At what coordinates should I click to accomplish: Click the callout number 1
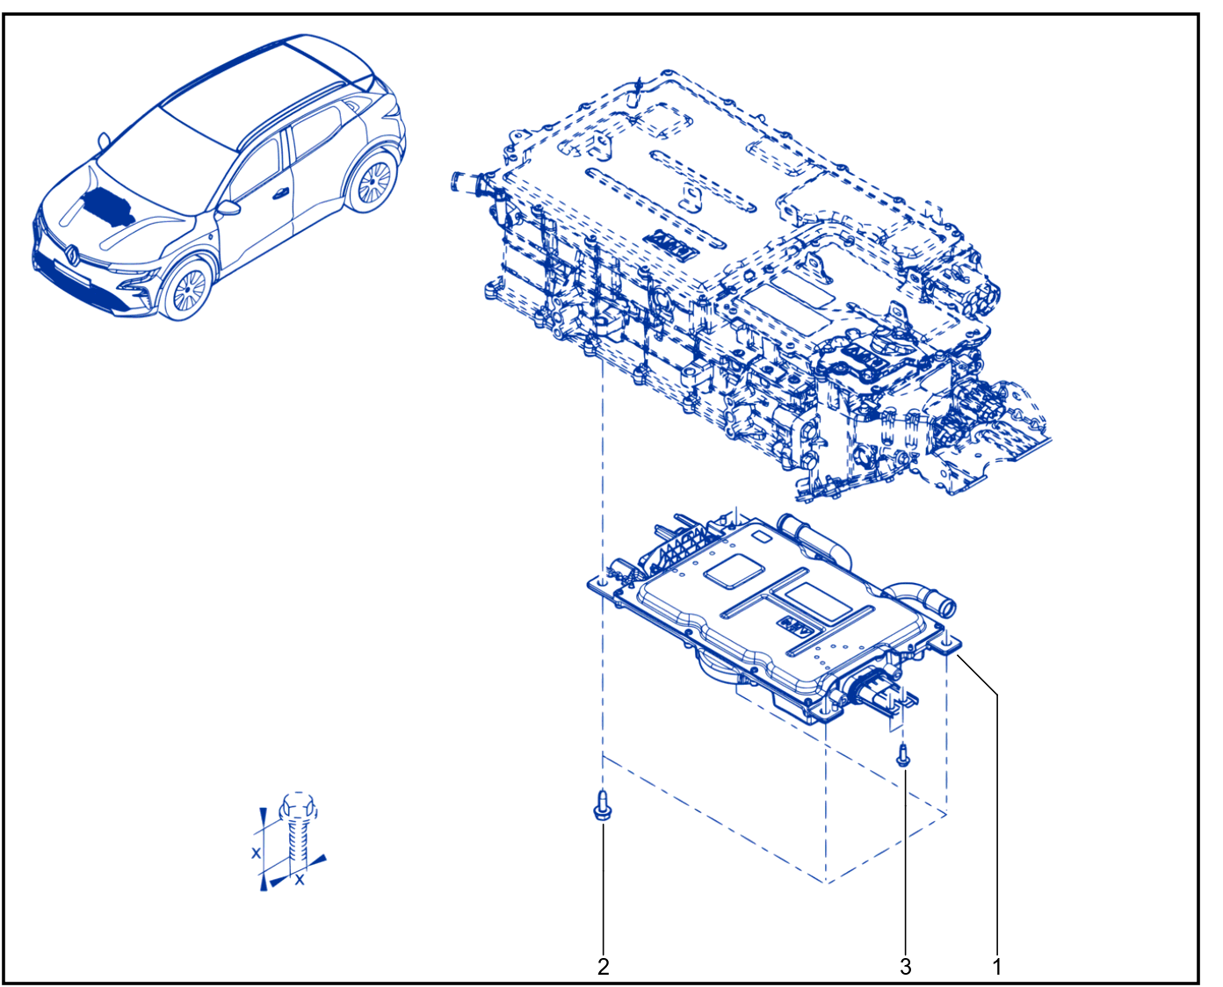click(997, 966)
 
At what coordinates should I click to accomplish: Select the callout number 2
click(603, 966)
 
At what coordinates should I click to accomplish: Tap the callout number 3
click(906, 966)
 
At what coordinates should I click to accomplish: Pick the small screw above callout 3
click(903, 754)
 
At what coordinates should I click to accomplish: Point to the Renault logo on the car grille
click(73, 254)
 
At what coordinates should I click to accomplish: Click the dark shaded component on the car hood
click(108, 207)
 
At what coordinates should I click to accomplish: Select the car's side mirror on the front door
click(228, 208)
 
